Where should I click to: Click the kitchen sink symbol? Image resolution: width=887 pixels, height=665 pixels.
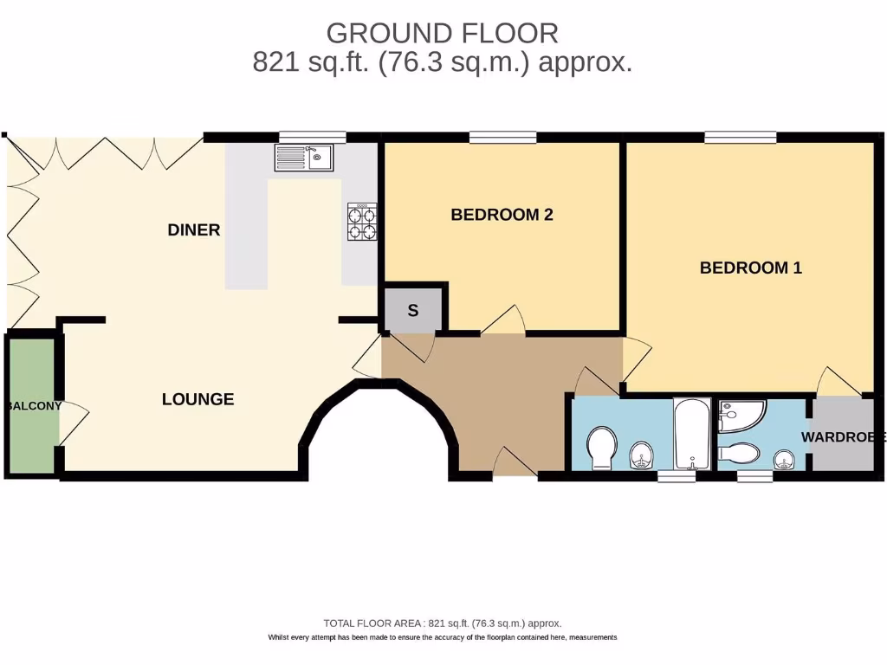pyautogui.click(x=303, y=158)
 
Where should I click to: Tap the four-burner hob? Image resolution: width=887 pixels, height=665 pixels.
pyautogui.click(x=362, y=222)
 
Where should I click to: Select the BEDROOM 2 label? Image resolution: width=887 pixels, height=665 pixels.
pyautogui.click(x=502, y=215)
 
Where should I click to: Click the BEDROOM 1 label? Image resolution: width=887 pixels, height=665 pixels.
pyautogui.click(x=750, y=268)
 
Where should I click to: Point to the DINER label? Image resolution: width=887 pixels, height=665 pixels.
pyautogui.click(x=194, y=229)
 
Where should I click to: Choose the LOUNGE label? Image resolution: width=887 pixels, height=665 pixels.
pyautogui.click(x=198, y=399)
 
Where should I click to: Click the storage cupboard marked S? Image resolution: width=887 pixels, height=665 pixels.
pyautogui.click(x=413, y=310)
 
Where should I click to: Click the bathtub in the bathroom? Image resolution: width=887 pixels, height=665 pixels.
pyautogui.click(x=692, y=433)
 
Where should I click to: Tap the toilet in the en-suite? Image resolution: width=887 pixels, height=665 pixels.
pyautogui.click(x=739, y=453)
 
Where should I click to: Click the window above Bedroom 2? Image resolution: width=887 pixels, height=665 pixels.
pyautogui.click(x=502, y=136)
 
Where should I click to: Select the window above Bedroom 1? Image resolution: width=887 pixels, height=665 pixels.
pyautogui.click(x=740, y=136)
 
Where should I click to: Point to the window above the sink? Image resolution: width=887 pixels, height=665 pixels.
pyautogui.click(x=312, y=136)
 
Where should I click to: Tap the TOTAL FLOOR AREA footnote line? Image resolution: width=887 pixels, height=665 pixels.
pyautogui.click(x=442, y=623)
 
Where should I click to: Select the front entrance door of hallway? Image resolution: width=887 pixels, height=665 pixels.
pyautogui.click(x=515, y=466)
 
